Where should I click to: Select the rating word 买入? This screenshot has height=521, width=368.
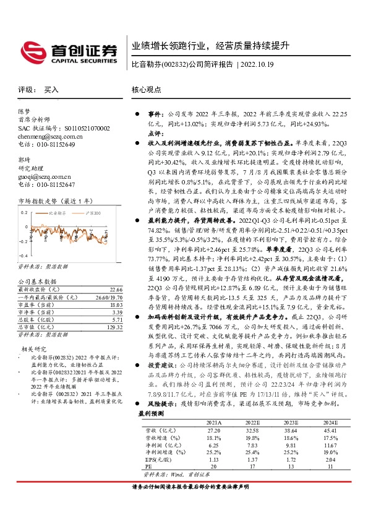click(51, 90)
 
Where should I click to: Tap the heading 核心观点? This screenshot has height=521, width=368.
click(145, 90)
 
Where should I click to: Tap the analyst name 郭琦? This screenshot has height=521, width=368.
click(24, 159)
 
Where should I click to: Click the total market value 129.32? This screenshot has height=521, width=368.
click(114, 327)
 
